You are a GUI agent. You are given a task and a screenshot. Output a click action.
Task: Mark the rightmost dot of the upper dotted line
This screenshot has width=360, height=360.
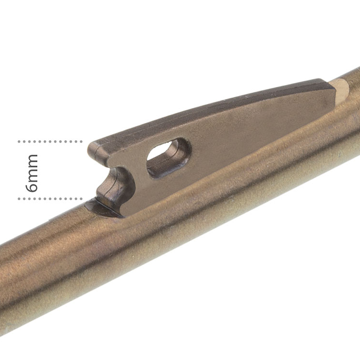coord(81,142)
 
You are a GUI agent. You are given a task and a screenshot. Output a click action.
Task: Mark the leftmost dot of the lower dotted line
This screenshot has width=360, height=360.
coord(19,198)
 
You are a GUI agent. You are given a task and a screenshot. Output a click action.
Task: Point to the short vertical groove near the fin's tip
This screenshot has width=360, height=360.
coord(98,150)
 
